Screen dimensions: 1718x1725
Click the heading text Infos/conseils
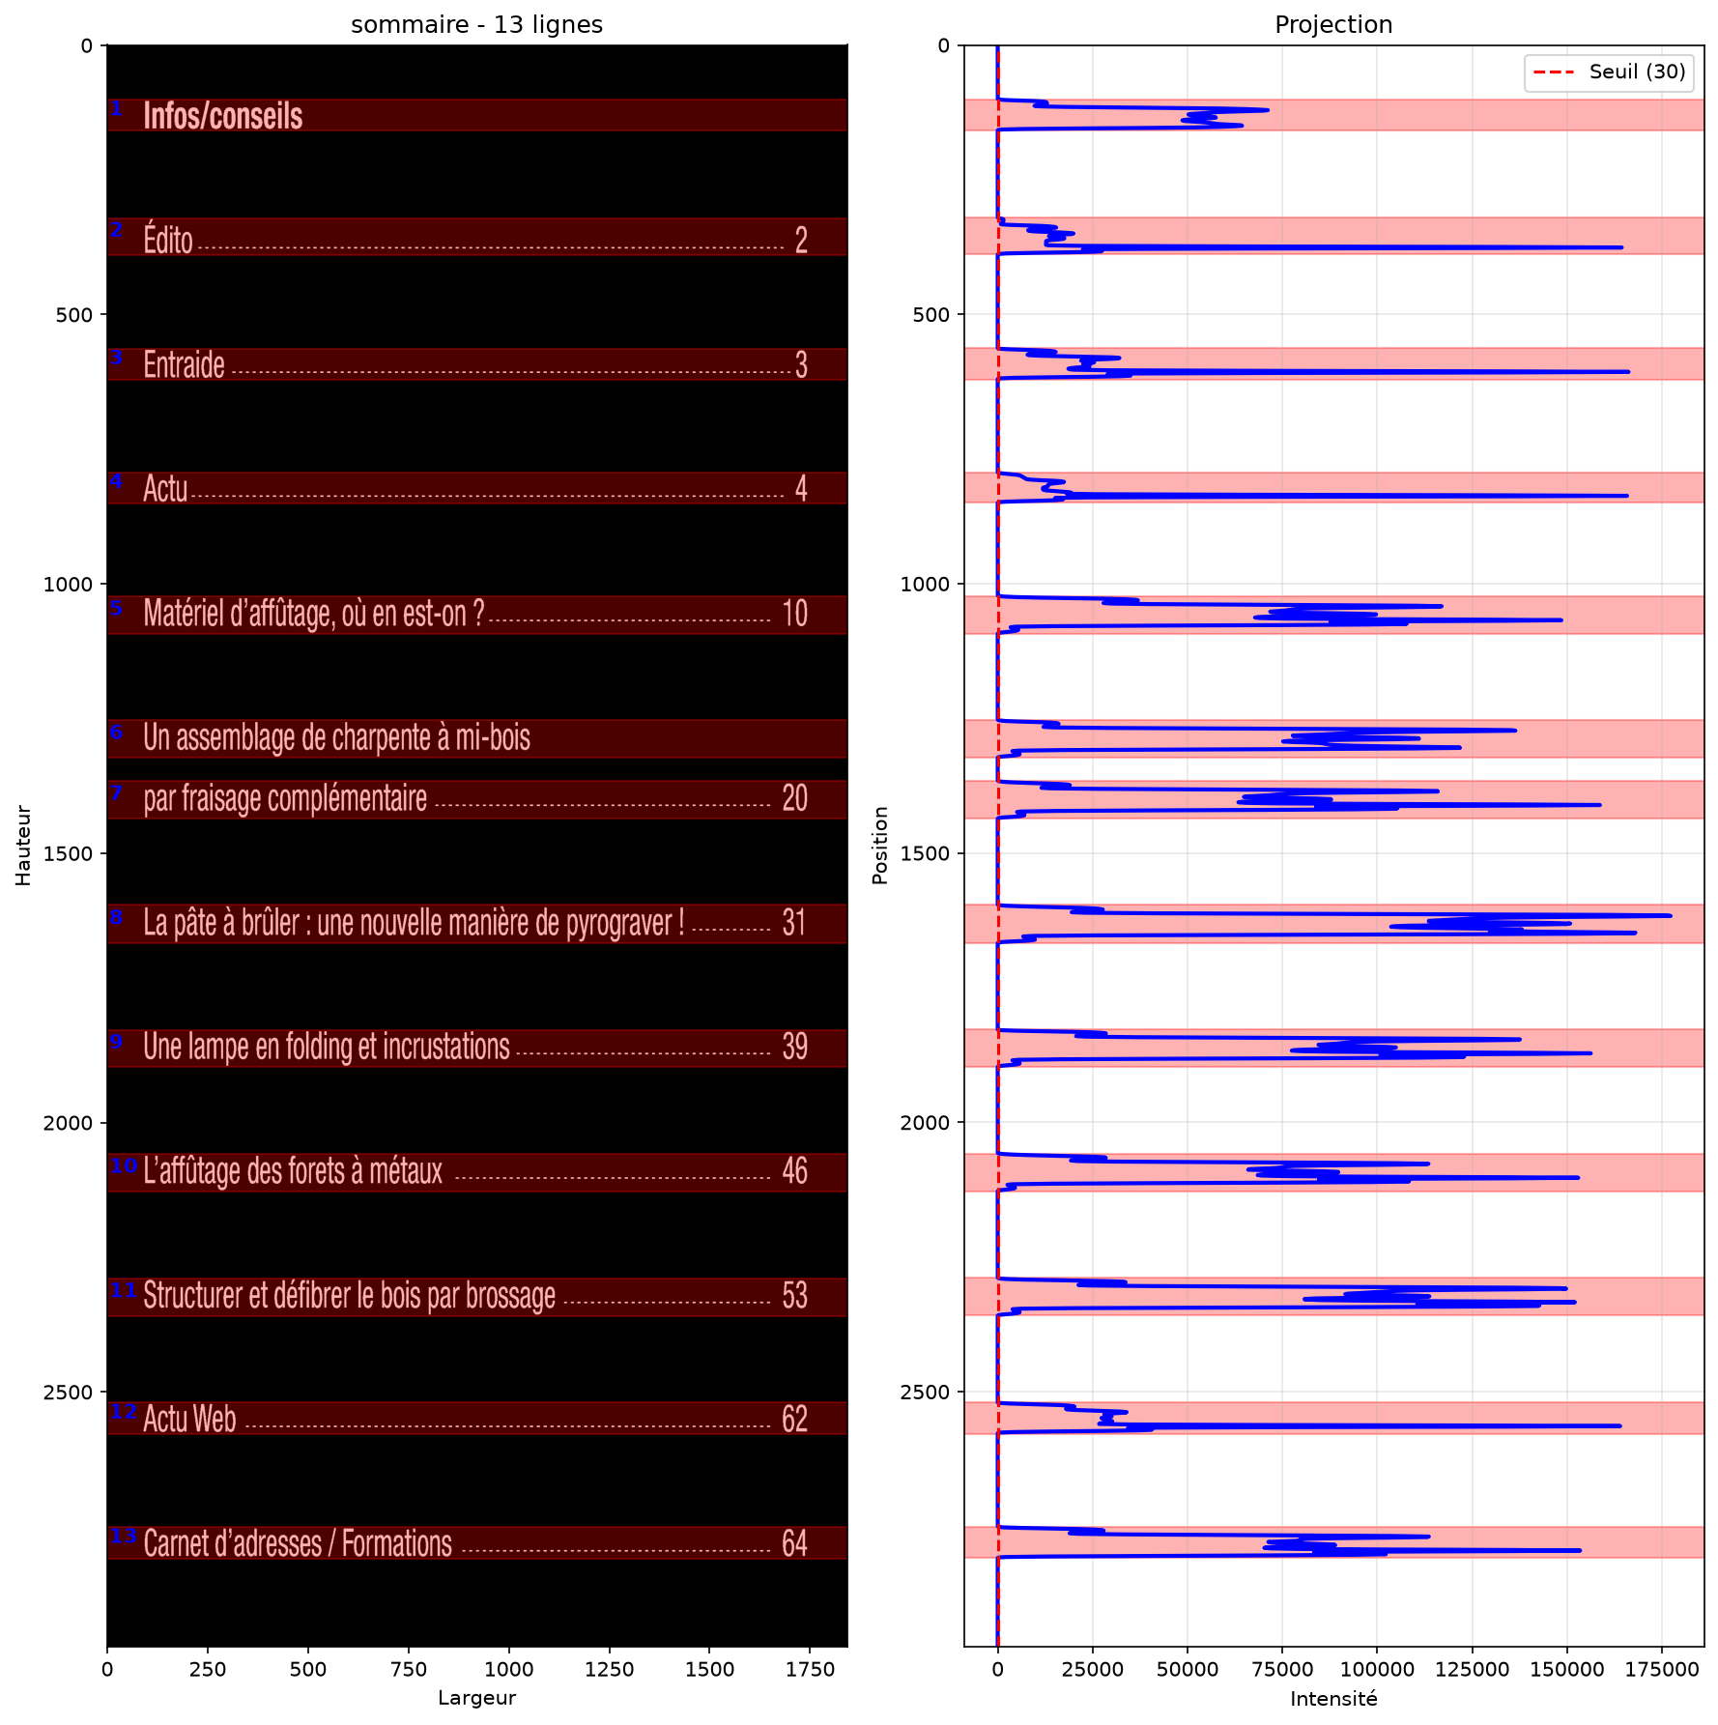click(223, 116)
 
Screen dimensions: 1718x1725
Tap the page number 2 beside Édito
click(801, 240)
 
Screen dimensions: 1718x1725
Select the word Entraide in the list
click(184, 364)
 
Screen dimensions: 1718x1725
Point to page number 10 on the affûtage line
click(795, 614)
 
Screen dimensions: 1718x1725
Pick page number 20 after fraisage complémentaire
click(795, 798)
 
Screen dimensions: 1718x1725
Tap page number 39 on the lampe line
click(795, 1047)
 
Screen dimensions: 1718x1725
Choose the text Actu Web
click(189, 1419)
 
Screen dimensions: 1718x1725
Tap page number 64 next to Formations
click(795, 1543)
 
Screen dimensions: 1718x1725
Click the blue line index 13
click(124, 1536)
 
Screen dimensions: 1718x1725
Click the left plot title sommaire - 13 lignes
click(477, 25)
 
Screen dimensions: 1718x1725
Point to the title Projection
click(1333, 25)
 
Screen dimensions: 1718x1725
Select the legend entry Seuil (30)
click(1638, 72)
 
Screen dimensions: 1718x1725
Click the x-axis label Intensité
click(1333, 1699)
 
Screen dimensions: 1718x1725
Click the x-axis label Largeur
click(477, 1699)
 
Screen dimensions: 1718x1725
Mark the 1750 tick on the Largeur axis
click(809, 1669)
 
